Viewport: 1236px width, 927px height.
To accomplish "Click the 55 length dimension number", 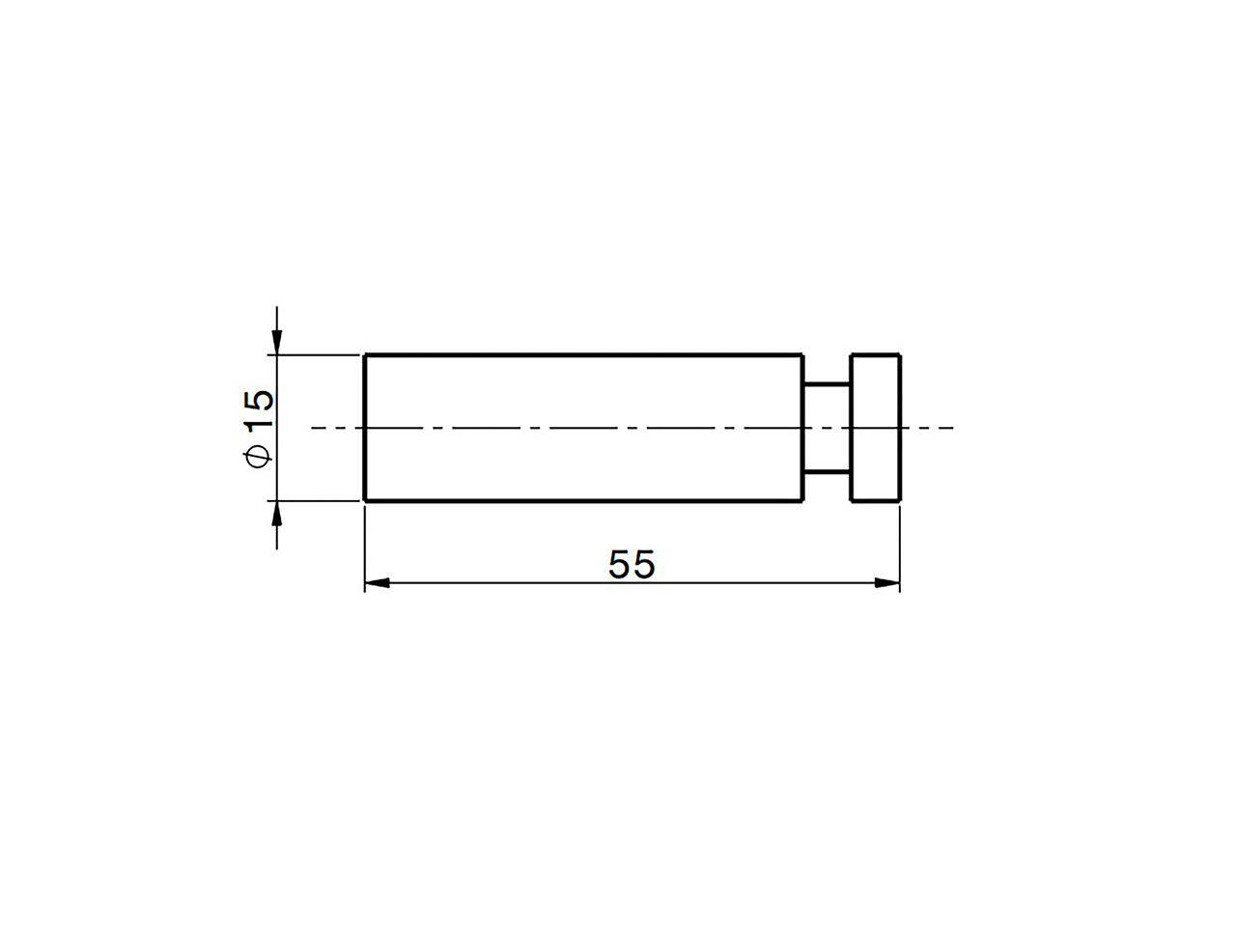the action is pos(632,564).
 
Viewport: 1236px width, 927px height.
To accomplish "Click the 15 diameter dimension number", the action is pos(259,409).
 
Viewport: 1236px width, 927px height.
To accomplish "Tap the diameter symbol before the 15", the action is pos(257,457).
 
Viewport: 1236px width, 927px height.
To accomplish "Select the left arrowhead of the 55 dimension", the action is pos(378,583).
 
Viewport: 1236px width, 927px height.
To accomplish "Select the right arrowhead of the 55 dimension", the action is pos(886,583).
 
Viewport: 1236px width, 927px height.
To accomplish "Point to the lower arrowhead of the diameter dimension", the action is pos(276,514).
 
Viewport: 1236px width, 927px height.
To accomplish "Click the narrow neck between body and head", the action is pos(827,429).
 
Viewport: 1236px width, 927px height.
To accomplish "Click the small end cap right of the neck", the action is pos(876,428).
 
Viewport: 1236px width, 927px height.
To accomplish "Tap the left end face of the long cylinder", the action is pos(365,428).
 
